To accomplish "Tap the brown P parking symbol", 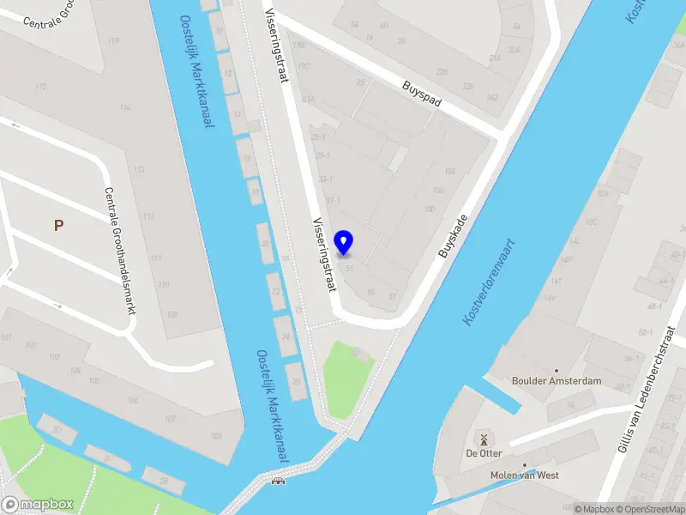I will coord(58,226).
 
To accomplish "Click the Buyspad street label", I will coord(422,94).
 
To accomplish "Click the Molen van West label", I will coord(524,475).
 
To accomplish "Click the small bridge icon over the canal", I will coord(278,480).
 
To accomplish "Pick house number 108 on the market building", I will coord(215,437).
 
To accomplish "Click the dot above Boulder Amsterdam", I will coord(556,370).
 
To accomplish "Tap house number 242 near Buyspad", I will coord(491,98).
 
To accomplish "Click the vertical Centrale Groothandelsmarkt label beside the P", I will coord(118,250).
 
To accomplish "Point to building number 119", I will coord(114,40).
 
